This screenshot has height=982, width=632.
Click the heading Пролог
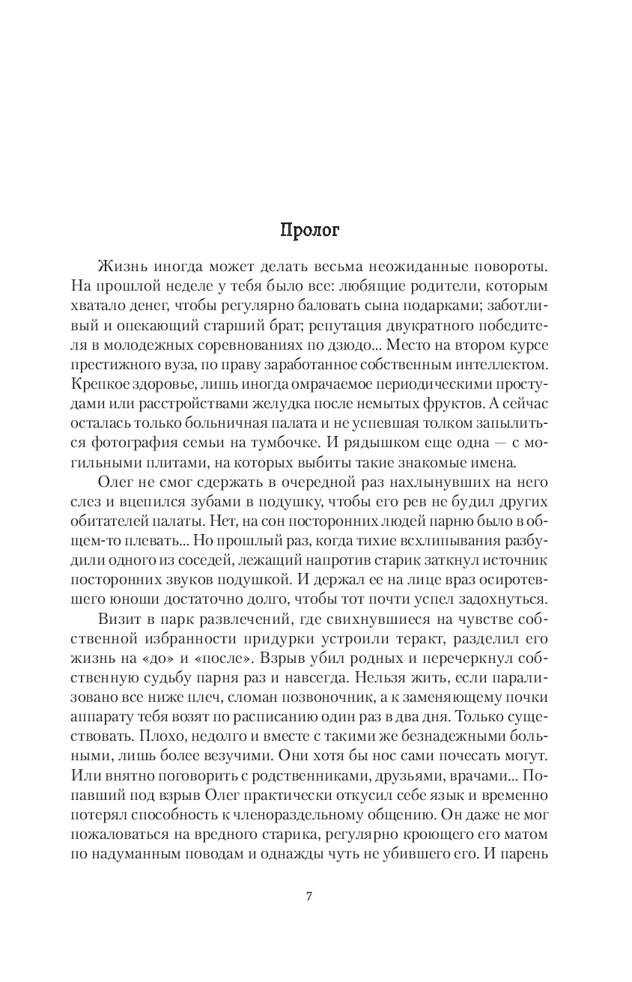[309, 230]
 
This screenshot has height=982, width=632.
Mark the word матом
[528, 832]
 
